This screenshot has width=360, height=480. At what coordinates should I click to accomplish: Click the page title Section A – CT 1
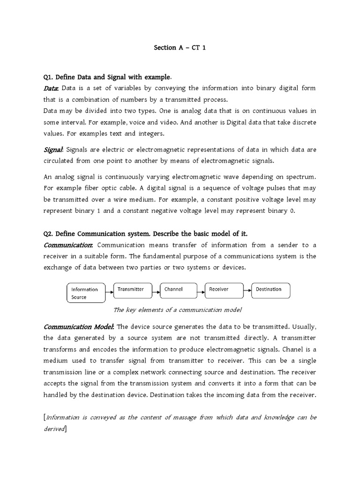(180, 47)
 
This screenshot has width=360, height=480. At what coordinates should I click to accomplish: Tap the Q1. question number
(49, 77)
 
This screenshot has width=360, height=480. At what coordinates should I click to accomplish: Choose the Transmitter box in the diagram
(131, 290)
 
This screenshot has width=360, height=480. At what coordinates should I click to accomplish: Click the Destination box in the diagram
(270, 290)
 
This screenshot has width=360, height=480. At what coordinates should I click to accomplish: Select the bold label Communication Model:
(79, 326)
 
